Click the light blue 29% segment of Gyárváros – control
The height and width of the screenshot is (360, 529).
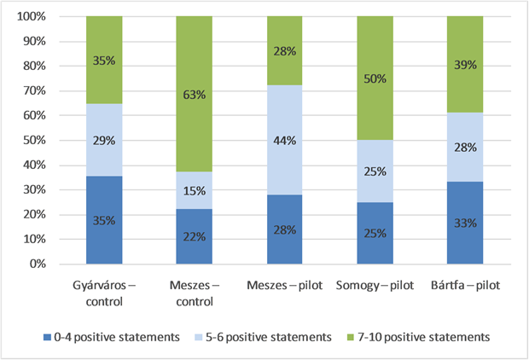tap(104, 139)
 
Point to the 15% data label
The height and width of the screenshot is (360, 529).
tap(195, 191)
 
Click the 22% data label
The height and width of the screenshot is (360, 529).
tap(195, 235)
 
